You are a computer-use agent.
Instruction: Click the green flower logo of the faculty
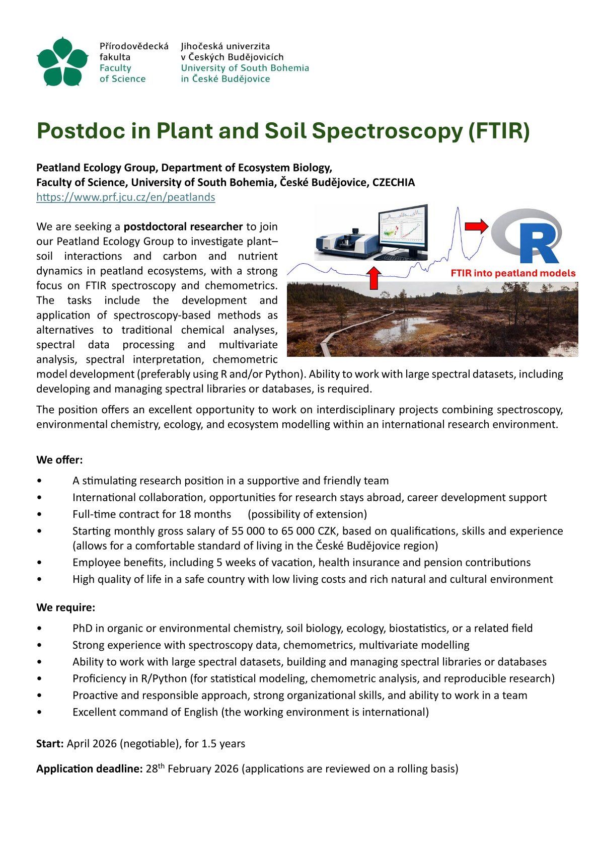click(62, 61)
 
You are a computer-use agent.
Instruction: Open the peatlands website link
click(125, 197)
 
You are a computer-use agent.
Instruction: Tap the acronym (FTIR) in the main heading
click(498, 131)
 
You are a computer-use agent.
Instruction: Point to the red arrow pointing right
click(476, 226)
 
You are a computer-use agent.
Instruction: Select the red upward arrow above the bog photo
click(373, 278)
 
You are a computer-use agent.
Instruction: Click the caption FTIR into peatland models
click(512, 274)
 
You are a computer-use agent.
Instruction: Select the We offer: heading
click(59, 460)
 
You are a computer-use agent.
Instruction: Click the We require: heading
click(65, 607)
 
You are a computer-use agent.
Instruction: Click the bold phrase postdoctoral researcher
click(183, 226)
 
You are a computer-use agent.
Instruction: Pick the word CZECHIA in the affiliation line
click(393, 182)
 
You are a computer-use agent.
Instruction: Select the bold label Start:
click(50, 743)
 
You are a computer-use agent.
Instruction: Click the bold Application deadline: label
click(90, 769)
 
